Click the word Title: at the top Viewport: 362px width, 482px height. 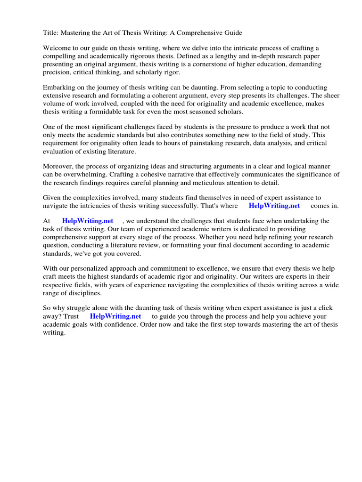(51, 32)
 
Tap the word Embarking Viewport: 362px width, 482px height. (59, 88)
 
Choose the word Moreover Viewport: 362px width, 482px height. (58, 167)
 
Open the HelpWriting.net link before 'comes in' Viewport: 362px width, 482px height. (274, 206)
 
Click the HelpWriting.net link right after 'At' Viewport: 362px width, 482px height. (88, 221)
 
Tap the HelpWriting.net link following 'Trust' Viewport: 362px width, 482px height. (115, 316)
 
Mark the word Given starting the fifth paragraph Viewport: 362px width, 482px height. (52, 198)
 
